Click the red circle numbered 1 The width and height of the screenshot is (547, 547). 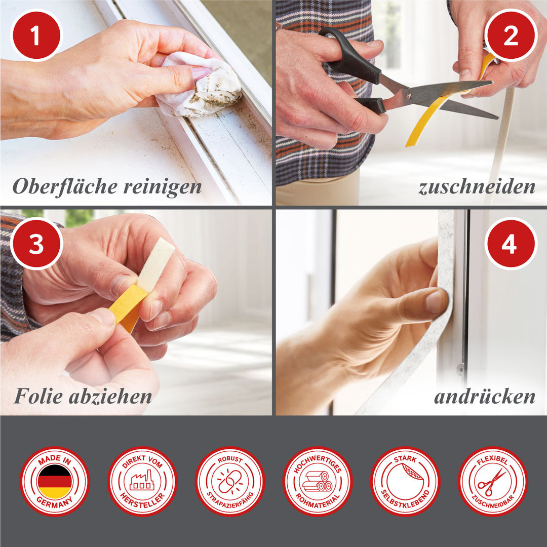click(36, 35)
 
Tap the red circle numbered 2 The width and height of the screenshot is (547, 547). click(511, 35)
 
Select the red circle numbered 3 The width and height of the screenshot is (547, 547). click(36, 244)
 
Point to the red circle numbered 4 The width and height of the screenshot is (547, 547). click(511, 244)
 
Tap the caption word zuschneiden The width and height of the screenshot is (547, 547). click(477, 187)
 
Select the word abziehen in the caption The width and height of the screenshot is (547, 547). click(110, 397)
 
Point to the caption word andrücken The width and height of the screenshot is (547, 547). click(485, 397)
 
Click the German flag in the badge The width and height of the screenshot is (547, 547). click(55, 482)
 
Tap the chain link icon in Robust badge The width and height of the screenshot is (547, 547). click(230, 482)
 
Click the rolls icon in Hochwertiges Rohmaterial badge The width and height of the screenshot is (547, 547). click(317, 482)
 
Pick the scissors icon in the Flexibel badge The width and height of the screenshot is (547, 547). click(492, 482)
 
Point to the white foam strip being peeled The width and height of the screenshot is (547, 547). click(155, 265)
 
